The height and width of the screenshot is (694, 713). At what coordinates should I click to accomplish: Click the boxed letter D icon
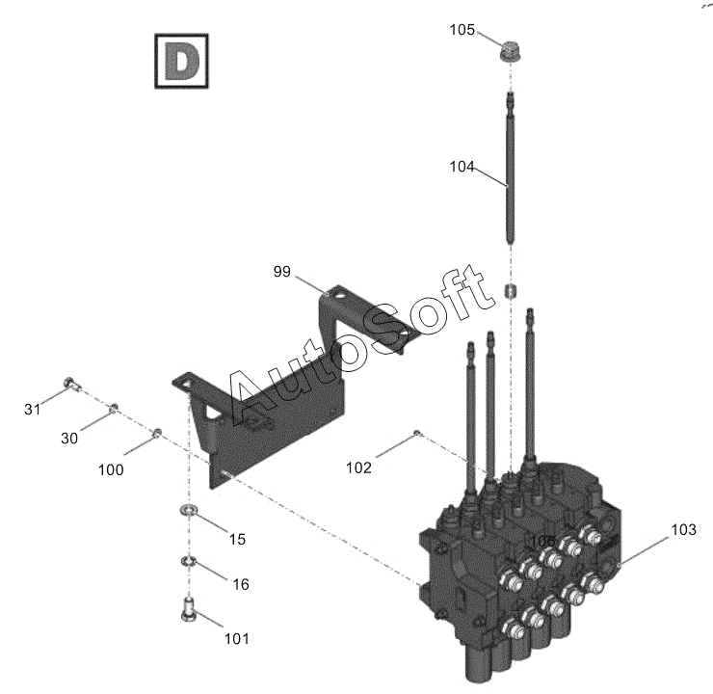(x=180, y=61)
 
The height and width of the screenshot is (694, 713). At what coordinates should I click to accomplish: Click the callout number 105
(x=462, y=30)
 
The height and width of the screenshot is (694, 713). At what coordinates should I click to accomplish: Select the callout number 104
(x=462, y=167)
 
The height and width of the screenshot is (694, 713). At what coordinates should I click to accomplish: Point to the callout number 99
(x=281, y=273)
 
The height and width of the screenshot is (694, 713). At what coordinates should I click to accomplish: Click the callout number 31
(x=33, y=410)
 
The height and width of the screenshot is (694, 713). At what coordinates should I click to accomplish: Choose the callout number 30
(x=69, y=438)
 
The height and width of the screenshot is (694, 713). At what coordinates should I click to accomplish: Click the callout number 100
(x=111, y=469)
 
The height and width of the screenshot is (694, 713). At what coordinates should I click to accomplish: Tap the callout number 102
(x=358, y=468)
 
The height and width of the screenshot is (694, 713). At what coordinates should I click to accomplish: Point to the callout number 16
(x=240, y=584)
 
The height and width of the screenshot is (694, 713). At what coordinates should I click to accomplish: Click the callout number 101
(x=237, y=638)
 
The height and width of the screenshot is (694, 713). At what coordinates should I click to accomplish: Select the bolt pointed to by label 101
(x=189, y=610)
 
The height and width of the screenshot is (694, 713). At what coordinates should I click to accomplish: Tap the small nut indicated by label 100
(x=157, y=432)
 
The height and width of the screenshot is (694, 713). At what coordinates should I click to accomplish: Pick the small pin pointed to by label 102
(x=415, y=433)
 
